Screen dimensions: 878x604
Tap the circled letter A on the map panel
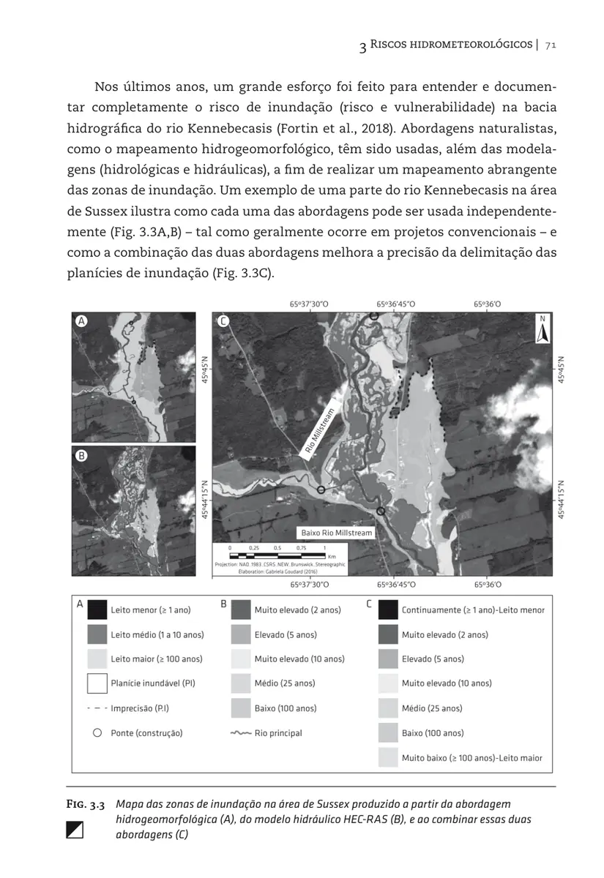(82, 320)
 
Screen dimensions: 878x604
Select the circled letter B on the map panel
(82, 455)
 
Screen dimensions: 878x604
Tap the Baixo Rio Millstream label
(337, 533)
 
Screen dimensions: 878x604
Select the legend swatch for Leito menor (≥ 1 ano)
(97, 609)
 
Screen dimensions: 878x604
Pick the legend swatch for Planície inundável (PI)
(97, 683)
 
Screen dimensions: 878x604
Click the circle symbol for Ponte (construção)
(97, 732)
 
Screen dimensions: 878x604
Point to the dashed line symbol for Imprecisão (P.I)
(97, 708)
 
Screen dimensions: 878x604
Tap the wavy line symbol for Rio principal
(241, 732)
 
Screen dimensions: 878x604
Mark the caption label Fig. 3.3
(86, 804)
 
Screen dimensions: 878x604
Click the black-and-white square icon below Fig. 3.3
(75, 830)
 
